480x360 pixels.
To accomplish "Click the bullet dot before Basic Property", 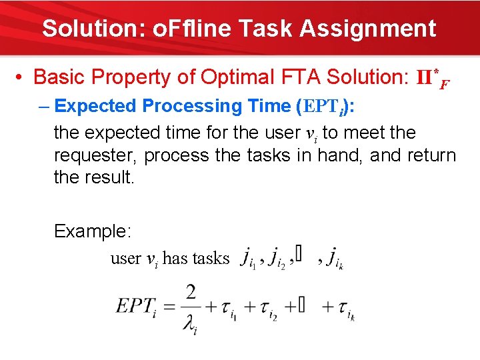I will pyautogui.click(x=20, y=77).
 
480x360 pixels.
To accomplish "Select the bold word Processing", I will pyautogui.click(x=193, y=106).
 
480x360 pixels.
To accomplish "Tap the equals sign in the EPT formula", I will pyautogui.click(x=167, y=307).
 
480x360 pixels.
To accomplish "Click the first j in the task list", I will pyautogui.click(x=247, y=257).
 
